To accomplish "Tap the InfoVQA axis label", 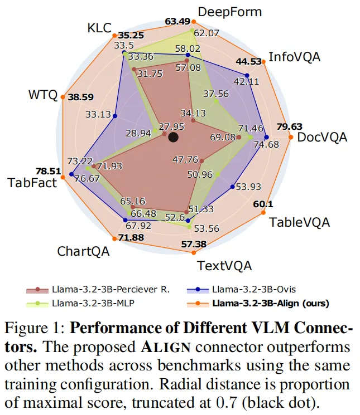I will point(295,57).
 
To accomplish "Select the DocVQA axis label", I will point(322,137).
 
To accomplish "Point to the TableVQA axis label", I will point(300,222).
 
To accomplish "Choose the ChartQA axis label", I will point(83,251).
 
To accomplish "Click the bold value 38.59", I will point(81,96).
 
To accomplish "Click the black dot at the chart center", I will point(173,137).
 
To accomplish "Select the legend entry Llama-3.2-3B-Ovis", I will point(254,289).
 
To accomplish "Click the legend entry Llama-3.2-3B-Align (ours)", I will point(270,304).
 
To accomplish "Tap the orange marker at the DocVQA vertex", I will point(291,137).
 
